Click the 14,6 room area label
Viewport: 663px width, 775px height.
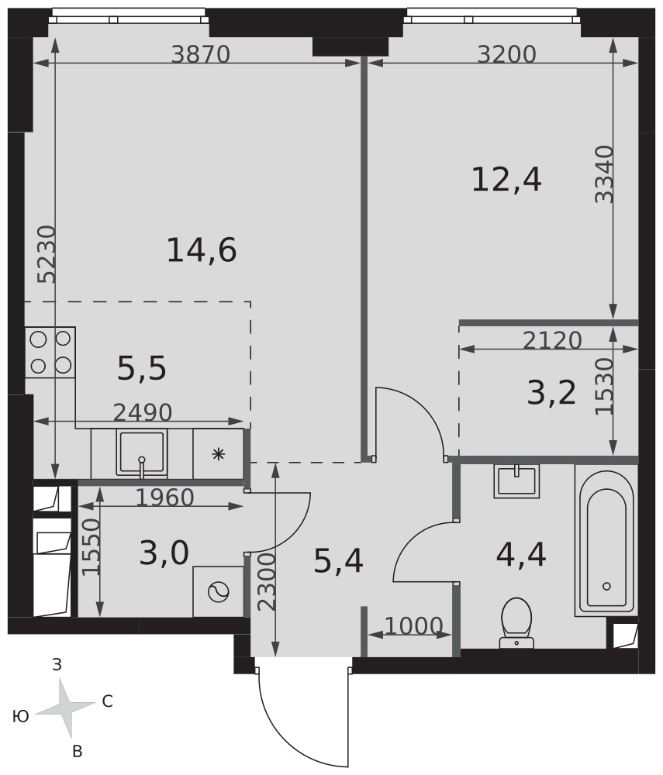click(202, 250)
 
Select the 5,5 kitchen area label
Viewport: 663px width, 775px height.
click(142, 369)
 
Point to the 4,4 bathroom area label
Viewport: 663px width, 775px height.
click(521, 555)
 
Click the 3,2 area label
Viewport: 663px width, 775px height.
click(552, 394)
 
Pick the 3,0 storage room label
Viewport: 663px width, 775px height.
click(164, 553)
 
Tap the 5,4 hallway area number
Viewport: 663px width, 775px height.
click(339, 561)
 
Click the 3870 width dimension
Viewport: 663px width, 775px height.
click(201, 54)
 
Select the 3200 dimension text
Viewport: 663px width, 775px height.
click(507, 54)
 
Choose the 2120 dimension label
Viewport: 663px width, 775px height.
click(552, 340)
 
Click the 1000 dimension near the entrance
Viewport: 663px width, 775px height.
click(413, 626)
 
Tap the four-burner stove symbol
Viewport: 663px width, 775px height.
click(50, 353)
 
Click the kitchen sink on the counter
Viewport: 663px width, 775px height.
click(141, 453)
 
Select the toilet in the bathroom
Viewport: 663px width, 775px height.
click(516, 623)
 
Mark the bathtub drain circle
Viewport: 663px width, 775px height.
click(606, 586)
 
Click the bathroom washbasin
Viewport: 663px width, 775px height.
click(516, 481)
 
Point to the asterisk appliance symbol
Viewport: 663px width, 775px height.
click(218, 453)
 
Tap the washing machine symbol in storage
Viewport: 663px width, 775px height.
click(219, 591)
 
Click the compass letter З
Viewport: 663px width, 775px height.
click(57, 665)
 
